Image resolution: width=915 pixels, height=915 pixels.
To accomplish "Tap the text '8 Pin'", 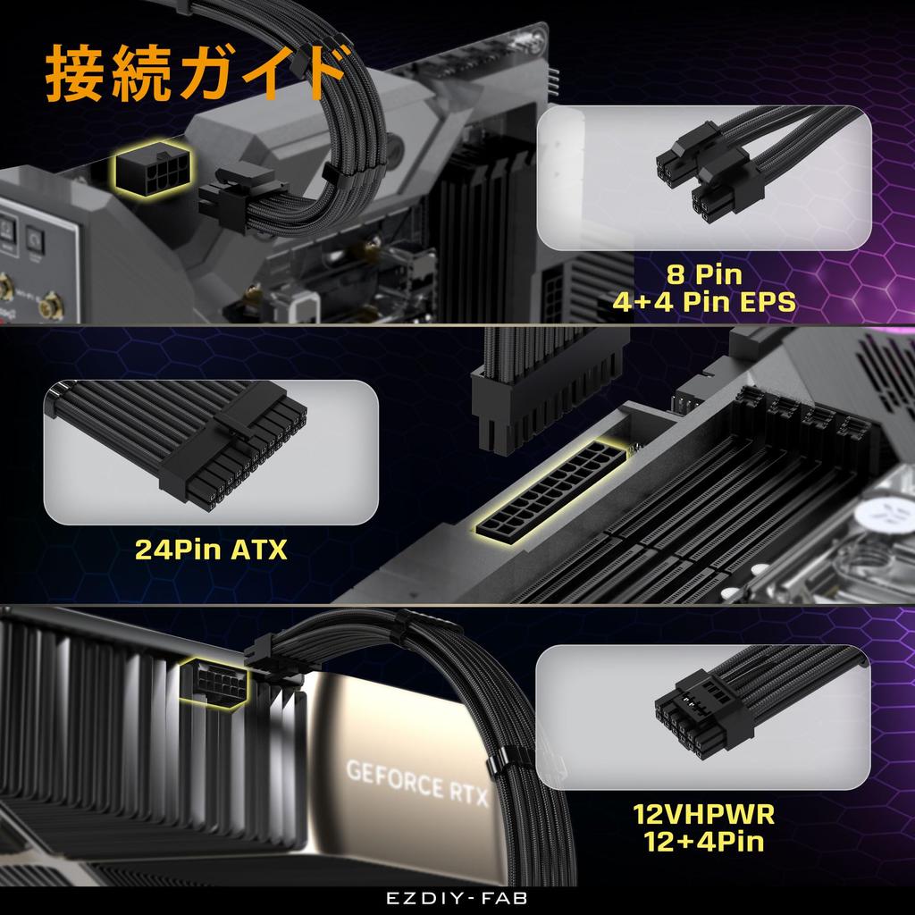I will (x=704, y=273).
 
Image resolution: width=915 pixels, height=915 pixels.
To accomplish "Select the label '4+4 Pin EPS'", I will (x=704, y=302).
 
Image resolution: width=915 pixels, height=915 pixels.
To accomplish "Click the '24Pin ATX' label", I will (x=211, y=548).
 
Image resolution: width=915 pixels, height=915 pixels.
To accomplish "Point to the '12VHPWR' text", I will (x=704, y=814).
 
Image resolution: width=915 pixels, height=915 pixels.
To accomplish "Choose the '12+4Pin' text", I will (x=704, y=842).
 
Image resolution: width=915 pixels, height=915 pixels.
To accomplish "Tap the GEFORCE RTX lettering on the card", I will (x=417, y=778).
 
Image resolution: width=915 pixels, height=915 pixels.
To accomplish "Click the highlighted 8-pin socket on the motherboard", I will (x=148, y=169).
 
